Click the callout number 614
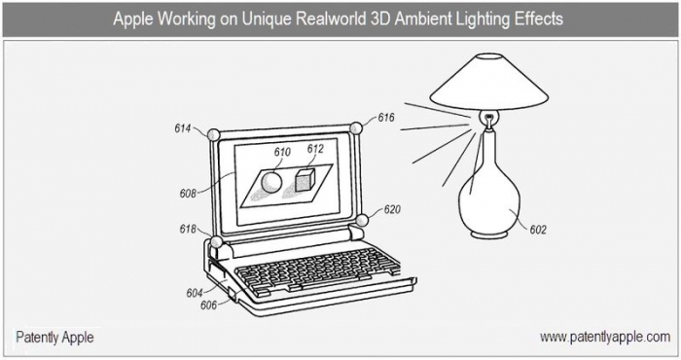[x=183, y=128]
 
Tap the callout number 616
[x=385, y=118]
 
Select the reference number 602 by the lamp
[x=538, y=230]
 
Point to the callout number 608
[x=188, y=194]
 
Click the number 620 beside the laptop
[x=392, y=210]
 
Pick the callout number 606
[x=208, y=306]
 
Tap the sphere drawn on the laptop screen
[x=270, y=182]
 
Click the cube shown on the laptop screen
[x=305, y=180]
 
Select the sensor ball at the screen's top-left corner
[x=213, y=134]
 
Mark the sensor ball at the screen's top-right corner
[x=356, y=128]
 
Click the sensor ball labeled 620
[x=361, y=221]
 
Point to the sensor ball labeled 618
[x=216, y=242]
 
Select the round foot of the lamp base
[x=489, y=234]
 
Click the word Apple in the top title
[x=133, y=19]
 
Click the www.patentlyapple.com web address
[x=605, y=337]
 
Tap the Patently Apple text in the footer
[x=54, y=338]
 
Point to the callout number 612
[x=315, y=149]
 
